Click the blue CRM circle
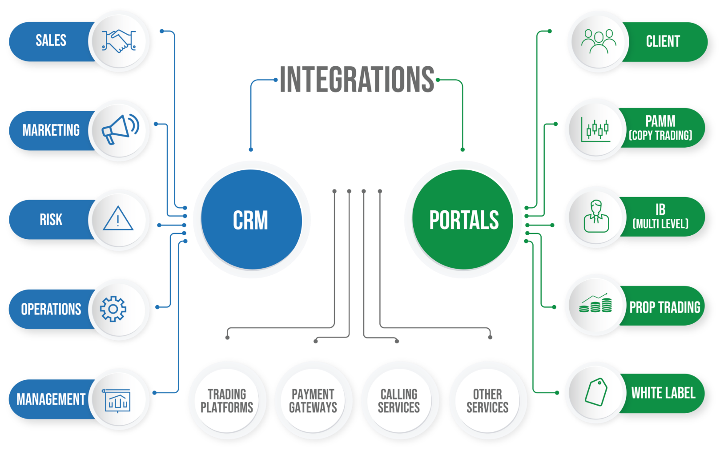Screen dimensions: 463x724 (251, 220)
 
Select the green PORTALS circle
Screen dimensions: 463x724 (463, 220)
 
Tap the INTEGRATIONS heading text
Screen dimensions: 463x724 (357, 80)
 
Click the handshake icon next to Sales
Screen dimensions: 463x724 (118, 41)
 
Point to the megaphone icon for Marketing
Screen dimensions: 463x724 (120, 129)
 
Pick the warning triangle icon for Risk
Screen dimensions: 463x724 (118, 219)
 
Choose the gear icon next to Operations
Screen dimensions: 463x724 (113, 309)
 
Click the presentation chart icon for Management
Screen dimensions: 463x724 (117, 400)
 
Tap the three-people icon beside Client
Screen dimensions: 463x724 (599, 41)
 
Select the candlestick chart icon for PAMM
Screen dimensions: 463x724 (596, 129)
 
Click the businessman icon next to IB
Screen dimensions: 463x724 (596, 217)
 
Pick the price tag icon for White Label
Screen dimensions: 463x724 (596, 392)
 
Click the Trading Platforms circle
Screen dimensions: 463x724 (227, 400)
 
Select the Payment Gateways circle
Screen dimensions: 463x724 (313, 400)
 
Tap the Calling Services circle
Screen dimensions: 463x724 (399, 400)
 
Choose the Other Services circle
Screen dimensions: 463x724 (487, 400)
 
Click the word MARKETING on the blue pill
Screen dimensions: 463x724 (51, 130)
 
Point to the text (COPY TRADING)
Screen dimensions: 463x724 (660, 135)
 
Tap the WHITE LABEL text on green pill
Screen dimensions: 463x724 (663, 393)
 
